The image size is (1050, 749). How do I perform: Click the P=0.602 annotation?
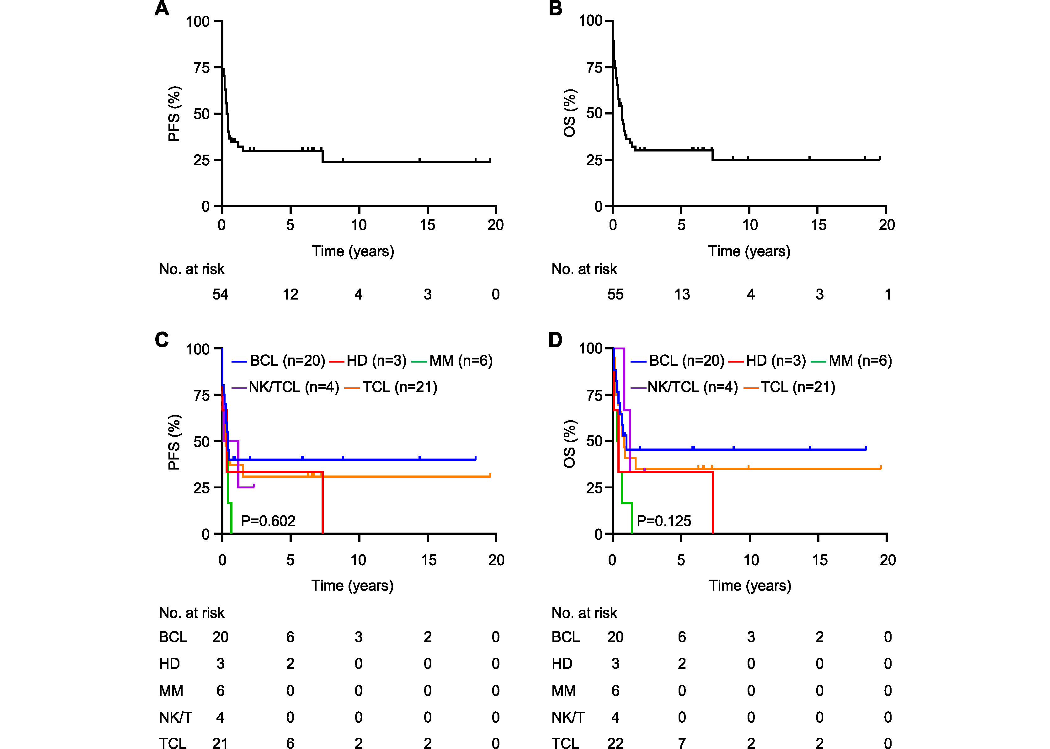268,521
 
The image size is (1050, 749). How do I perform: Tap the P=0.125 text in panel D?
664,521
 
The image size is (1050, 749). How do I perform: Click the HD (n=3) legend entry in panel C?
376,361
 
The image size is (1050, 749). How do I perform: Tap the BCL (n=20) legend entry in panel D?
686,361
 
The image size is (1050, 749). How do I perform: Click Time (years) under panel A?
353,251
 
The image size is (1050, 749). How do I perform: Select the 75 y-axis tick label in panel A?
202,68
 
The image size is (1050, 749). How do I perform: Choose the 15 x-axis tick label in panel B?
818,225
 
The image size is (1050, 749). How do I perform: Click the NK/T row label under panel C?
175,717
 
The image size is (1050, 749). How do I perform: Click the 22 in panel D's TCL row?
615,742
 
